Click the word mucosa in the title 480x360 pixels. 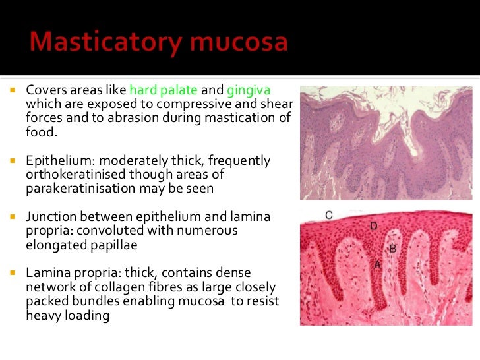pyautogui.click(x=240, y=44)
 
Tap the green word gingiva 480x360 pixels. pyautogui.click(x=249, y=90)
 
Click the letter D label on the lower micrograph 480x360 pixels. pyautogui.click(x=374, y=226)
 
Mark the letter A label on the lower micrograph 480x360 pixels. pyautogui.click(x=378, y=264)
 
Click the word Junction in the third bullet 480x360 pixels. pyautogui.click(x=49, y=217)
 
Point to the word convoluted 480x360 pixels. pyautogui.click(x=112, y=230)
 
